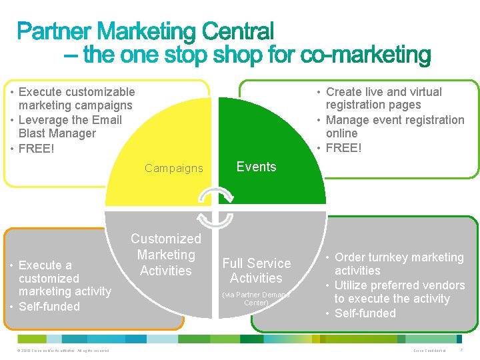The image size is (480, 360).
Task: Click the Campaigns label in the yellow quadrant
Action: pos(173,168)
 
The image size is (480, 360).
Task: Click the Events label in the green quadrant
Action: pos(256,167)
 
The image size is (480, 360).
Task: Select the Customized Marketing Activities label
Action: pos(165,255)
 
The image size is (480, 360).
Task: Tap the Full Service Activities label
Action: pos(256,271)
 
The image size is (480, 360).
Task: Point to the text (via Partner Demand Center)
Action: pos(256,298)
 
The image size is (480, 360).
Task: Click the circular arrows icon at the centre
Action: pos(217,207)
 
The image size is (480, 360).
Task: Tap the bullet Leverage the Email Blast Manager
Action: pos(70,127)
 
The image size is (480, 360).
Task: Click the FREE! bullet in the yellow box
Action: pos(37,148)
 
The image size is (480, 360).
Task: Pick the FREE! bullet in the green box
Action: pos(343,148)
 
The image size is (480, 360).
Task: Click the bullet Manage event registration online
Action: pos(395,127)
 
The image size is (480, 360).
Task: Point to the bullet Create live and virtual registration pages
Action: pos(383,99)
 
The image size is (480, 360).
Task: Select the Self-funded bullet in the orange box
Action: pos(49,307)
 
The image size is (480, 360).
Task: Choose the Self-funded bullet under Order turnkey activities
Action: pos(365,313)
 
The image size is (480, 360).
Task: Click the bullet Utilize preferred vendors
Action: pos(399,292)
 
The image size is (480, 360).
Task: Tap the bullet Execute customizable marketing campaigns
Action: pos(75,99)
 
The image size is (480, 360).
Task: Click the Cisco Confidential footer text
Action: pos(429,351)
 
